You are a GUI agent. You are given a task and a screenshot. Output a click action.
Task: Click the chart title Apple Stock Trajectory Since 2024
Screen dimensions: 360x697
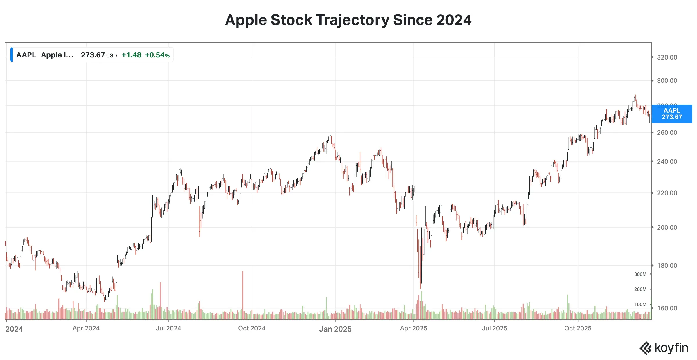pyautogui.click(x=348, y=20)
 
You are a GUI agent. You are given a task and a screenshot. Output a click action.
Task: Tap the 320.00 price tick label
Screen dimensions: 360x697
pyautogui.click(x=667, y=57)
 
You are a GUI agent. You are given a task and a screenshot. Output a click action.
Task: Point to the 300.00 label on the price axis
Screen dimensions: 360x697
pyautogui.click(x=667, y=81)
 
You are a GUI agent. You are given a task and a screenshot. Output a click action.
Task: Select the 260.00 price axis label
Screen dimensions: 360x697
pyautogui.click(x=667, y=133)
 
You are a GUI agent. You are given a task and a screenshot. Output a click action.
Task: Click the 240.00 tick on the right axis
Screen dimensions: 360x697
pyautogui.click(x=667, y=162)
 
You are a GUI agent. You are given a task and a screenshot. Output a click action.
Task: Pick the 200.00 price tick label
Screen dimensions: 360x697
pyautogui.click(x=667, y=228)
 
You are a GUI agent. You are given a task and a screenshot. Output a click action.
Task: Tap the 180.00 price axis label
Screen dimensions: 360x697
pyautogui.click(x=667, y=266)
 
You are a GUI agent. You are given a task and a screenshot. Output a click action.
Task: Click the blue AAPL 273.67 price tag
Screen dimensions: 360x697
pyautogui.click(x=671, y=114)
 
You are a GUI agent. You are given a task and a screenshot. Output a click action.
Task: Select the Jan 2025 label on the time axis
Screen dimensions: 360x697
pyautogui.click(x=335, y=329)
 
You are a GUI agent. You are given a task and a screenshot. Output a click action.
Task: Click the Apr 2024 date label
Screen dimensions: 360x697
pyautogui.click(x=86, y=328)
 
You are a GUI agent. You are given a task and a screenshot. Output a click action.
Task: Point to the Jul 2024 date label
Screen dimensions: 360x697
pyautogui.click(x=168, y=328)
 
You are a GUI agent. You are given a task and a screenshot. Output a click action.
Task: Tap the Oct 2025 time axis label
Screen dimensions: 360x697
pyautogui.click(x=578, y=328)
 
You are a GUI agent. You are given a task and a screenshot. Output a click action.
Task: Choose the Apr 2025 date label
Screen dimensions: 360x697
pyautogui.click(x=413, y=328)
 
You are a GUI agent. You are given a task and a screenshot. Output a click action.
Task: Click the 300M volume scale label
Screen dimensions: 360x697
pyautogui.click(x=640, y=274)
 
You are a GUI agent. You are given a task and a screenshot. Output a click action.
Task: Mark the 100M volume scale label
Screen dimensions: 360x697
pyautogui.click(x=640, y=305)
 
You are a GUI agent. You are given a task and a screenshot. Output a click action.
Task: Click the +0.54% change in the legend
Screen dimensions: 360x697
pyautogui.click(x=157, y=55)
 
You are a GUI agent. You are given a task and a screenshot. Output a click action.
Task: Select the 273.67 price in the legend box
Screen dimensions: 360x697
pyautogui.click(x=93, y=55)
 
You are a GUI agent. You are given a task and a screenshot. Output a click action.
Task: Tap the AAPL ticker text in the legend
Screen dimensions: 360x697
pyautogui.click(x=26, y=55)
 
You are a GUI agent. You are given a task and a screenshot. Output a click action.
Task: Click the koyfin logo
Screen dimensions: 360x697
pyautogui.click(x=664, y=348)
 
